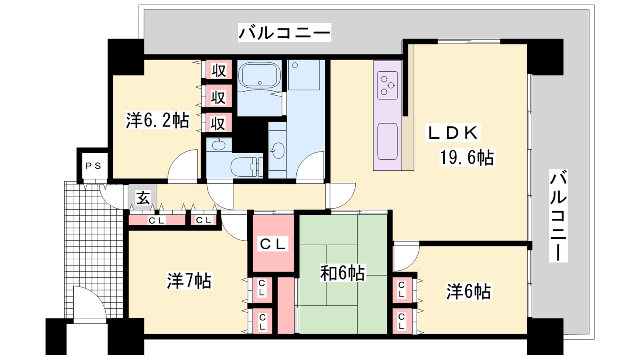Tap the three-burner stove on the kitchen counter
pyautogui.click(x=387, y=85)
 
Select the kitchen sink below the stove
pyautogui.click(x=387, y=141)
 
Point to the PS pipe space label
pyautogui.click(x=93, y=166)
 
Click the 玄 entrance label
pyautogui.click(x=143, y=198)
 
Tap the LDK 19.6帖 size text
pyautogui.click(x=466, y=157)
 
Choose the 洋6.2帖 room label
pyautogui.click(x=157, y=120)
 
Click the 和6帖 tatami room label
pyautogui.click(x=342, y=273)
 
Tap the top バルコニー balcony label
pyautogui.click(x=284, y=32)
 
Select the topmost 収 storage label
pyautogui.click(x=218, y=70)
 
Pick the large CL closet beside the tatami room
pyautogui.click(x=273, y=244)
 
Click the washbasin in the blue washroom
pyautogui.click(x=277, y=150)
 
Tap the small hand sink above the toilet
pyautogui.click(x=218, y=144)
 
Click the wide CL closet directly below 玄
pyautogui.click(x=157, y=220)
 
